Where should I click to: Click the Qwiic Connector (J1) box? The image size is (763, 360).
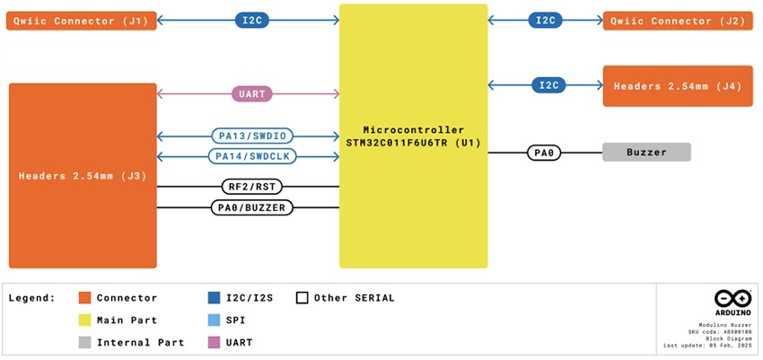pyautogui.click(x=82, y=21)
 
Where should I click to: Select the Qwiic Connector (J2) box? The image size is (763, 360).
pyautogui.click(x=678, y=21)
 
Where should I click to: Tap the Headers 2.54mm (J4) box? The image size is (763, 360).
pyautogui.click(x=678, y=86)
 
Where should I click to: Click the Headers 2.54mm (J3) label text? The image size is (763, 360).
pyautogui.click(x=83, y=176)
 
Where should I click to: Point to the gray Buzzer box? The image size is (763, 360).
pyautogui.click(x=646, y=153)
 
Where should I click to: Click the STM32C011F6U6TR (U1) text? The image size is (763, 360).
pyautogui.click(x=414, y=143)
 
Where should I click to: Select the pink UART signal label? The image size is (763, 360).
pyautogui.click(x=252, y=93)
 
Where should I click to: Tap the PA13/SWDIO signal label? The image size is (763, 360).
pyautogui.click(x=252, y=136)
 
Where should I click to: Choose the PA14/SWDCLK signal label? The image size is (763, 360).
pyautogui.click(x=252, y=156)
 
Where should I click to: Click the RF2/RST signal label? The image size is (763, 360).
pyautogui.click(x=252, y=187)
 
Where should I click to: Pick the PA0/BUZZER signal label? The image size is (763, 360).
pyautogui.click(x=252, y=207)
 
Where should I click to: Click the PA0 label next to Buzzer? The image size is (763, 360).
pyautogui.click(x=544, y=153)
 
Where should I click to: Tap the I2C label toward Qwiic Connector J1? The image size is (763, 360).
pyautogui.click(x=251, y=20)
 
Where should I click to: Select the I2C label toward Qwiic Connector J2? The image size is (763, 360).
pyautogui.click(x=546, y=20)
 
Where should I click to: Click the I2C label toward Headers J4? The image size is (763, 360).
pyautogui.click(x=548, y=85)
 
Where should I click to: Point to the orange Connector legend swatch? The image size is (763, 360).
pyautogui.click(x=85, y=298)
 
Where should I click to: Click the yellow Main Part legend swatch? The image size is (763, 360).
pyautogui.click(x=85, y=320)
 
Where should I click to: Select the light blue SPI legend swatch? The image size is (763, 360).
pyautogui.click(x=214, y=320)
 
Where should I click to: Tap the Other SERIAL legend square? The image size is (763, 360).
pyautogui.click(x=303, y=298)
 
